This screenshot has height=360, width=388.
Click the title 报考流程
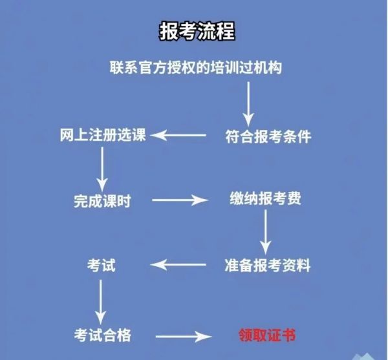click(x=197, y=31)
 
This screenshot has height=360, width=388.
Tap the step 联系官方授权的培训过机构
click(x=196, y=67)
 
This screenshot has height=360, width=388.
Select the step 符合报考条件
click(x=268, y=136)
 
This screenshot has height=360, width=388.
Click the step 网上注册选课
click(x=103, y=134)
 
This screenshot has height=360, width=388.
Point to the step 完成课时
click(x=102, y=201)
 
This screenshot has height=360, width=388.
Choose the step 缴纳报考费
click(x=266, y=198)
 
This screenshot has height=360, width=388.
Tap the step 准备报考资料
click(x=268, y=265)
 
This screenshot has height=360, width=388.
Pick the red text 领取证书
click(x=267, y=335)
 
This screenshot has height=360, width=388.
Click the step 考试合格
click(x=102, y=335)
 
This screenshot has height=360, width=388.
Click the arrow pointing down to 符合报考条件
click(x=248, y=104)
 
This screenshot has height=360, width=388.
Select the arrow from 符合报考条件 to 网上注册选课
click(x=178, y=135)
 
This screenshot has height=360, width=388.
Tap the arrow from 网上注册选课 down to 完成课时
click(x=102, y=169)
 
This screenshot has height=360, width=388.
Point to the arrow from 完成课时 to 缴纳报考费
click(x=180, y=200)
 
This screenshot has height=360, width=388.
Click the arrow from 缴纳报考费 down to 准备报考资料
click(x=266, y=232)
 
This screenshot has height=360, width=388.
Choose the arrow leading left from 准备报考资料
click(x=178, y=264)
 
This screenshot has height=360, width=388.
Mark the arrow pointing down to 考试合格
click(x=100, y=302)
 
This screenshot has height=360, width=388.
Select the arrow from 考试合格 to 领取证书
click(x=184, y=337)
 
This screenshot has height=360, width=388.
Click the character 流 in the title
click(x=207, y=31)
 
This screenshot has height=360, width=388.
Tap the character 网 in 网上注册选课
click(x=67, y=134)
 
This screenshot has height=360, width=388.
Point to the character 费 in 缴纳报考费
click(x=294, y=198)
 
